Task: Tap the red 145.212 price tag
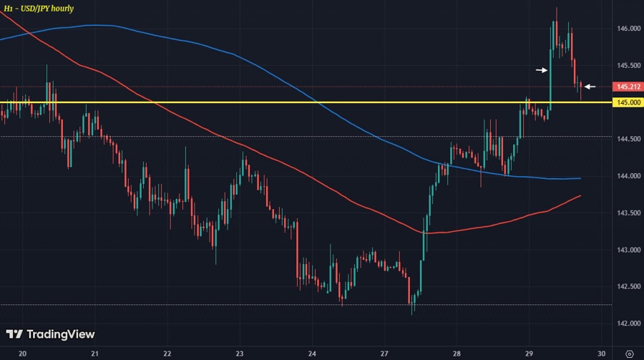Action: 628,87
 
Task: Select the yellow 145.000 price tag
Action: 628,102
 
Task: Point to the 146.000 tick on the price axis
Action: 628,29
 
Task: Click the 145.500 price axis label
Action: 628,65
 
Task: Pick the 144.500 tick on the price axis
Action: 628,139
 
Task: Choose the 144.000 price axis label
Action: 628,176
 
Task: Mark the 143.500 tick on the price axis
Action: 628,213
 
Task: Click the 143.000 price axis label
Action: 628,250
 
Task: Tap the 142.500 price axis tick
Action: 628,287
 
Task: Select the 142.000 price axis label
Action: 628,323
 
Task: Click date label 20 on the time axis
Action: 22,354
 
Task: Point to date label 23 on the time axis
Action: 240,354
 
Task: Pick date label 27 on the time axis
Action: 384,354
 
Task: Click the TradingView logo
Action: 50,334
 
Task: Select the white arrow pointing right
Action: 542,70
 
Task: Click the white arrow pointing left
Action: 590,87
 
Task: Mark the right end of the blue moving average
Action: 580,178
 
